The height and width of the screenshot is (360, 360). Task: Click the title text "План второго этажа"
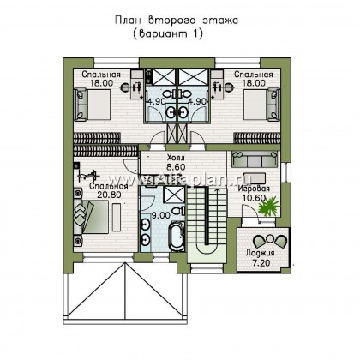point(179,18)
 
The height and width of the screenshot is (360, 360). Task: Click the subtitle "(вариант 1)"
point(179,35)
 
